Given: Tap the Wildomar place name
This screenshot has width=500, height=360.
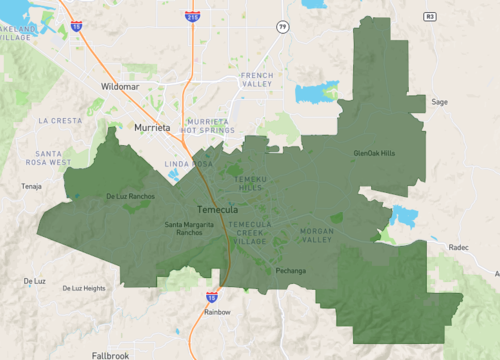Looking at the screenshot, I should [x=123, y=87].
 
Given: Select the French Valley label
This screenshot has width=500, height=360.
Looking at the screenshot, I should [x=256, y=80].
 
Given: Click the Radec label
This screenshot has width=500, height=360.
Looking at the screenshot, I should [x=459, y=246].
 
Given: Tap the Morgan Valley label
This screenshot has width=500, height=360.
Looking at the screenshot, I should [x=317, y=235].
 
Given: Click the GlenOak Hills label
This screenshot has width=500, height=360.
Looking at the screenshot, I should [x=375, y=153].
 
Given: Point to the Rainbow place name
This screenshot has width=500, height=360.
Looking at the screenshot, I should [x=217, y=312].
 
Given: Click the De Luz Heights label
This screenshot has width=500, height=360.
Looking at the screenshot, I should [x=83, y=288].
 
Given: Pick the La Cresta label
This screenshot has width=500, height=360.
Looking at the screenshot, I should [x=59, y=120].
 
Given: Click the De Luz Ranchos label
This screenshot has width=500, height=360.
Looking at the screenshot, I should [x=130, y=196].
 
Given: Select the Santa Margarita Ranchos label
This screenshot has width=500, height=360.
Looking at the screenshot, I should [x=189, y=228].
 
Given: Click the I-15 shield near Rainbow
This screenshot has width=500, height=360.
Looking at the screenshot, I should [x=211, y=297].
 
